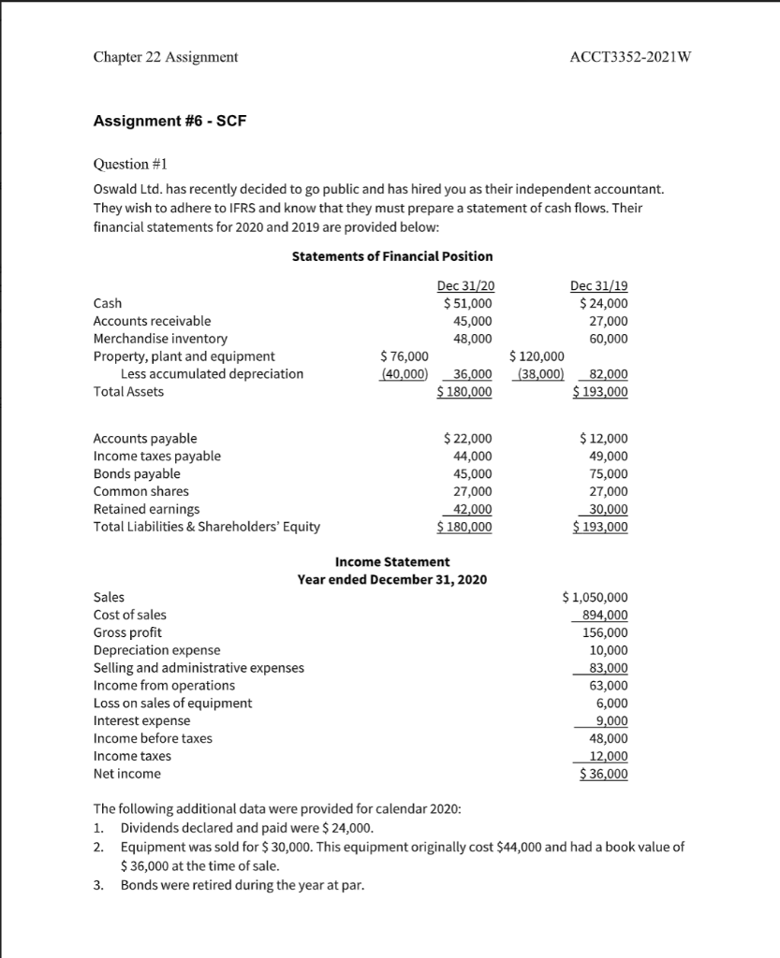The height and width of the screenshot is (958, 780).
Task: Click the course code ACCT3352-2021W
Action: pyautogui.click(x=630, y=57)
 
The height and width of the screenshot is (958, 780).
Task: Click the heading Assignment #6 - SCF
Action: pyautogui.click(x=169, y=121)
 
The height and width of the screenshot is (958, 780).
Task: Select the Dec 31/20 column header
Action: pyautogui.click(x=464, y=286)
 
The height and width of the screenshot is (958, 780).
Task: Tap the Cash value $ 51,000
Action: pyautogui.click(x=467, y=303)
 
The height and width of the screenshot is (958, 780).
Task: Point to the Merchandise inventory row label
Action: pyautogui.click(x=160, y=339)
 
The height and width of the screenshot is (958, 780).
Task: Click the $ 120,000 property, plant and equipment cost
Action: pyautogui.click(x=537, y=356)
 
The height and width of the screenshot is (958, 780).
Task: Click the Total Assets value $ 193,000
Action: pyautogui.click(x=600, y=392)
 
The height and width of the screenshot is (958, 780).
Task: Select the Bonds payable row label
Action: pyautogui.click(x=137, y=473)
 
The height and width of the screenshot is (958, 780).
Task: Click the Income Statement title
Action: pyautogui.click(x=391, y=561)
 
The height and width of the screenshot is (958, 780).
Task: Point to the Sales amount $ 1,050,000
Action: pyautogui.click(x=596, y=597)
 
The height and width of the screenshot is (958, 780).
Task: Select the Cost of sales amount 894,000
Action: pyautogui.click(x=606, y=615)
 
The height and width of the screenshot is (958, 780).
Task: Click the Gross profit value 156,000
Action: pyautogui.click(x=606, y=632)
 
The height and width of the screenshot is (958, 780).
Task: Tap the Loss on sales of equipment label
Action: pyautogui.click(x=172, y=703)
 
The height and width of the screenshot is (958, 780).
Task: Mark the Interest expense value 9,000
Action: pyautogui.click(x=611, y=720)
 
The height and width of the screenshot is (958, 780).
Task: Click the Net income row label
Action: pyautogui.click(x=127, y=774)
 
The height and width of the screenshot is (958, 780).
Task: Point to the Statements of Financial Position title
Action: pyautogui.click(x=392, y=256)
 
